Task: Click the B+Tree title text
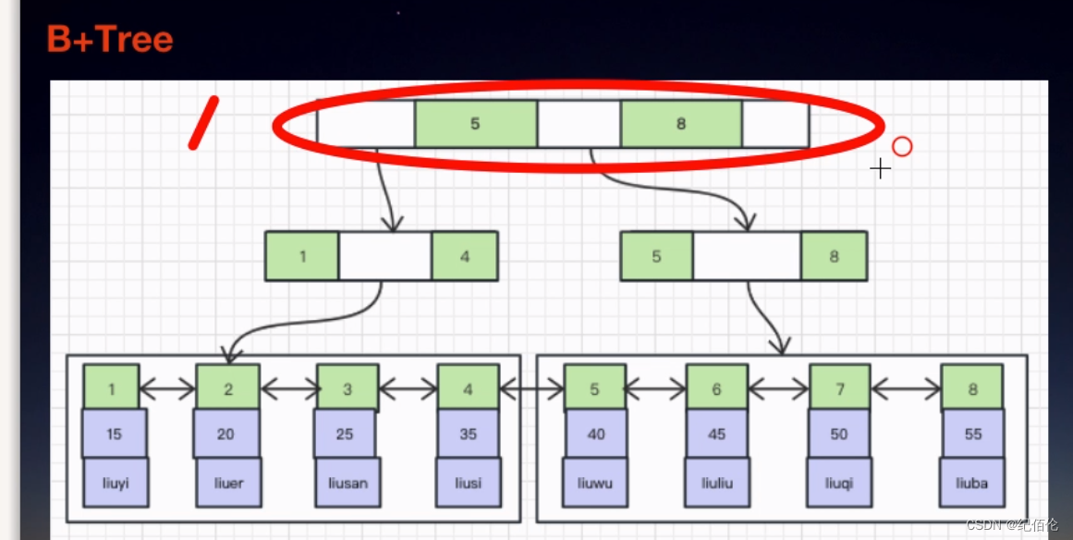point(110,40)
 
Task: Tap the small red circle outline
point(902,146)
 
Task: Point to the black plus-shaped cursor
point(880,168)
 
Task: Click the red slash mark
point(203,123)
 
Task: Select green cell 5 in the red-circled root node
point(475,124)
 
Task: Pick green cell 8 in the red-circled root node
point(681,124)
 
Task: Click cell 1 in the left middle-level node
point(302,256)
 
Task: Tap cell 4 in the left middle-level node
point(464,256)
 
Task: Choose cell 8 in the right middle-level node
point(834,256)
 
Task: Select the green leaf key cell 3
point(348,388)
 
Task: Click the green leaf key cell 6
point(716,388)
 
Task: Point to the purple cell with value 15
point(114,434)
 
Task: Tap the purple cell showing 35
point(468,434)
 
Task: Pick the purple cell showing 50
point(839,434)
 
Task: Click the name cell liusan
point(346,483)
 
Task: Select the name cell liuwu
point(595,483)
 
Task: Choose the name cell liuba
point(972,483)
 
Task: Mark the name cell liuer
point(228,483)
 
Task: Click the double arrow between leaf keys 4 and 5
point(530,390)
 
